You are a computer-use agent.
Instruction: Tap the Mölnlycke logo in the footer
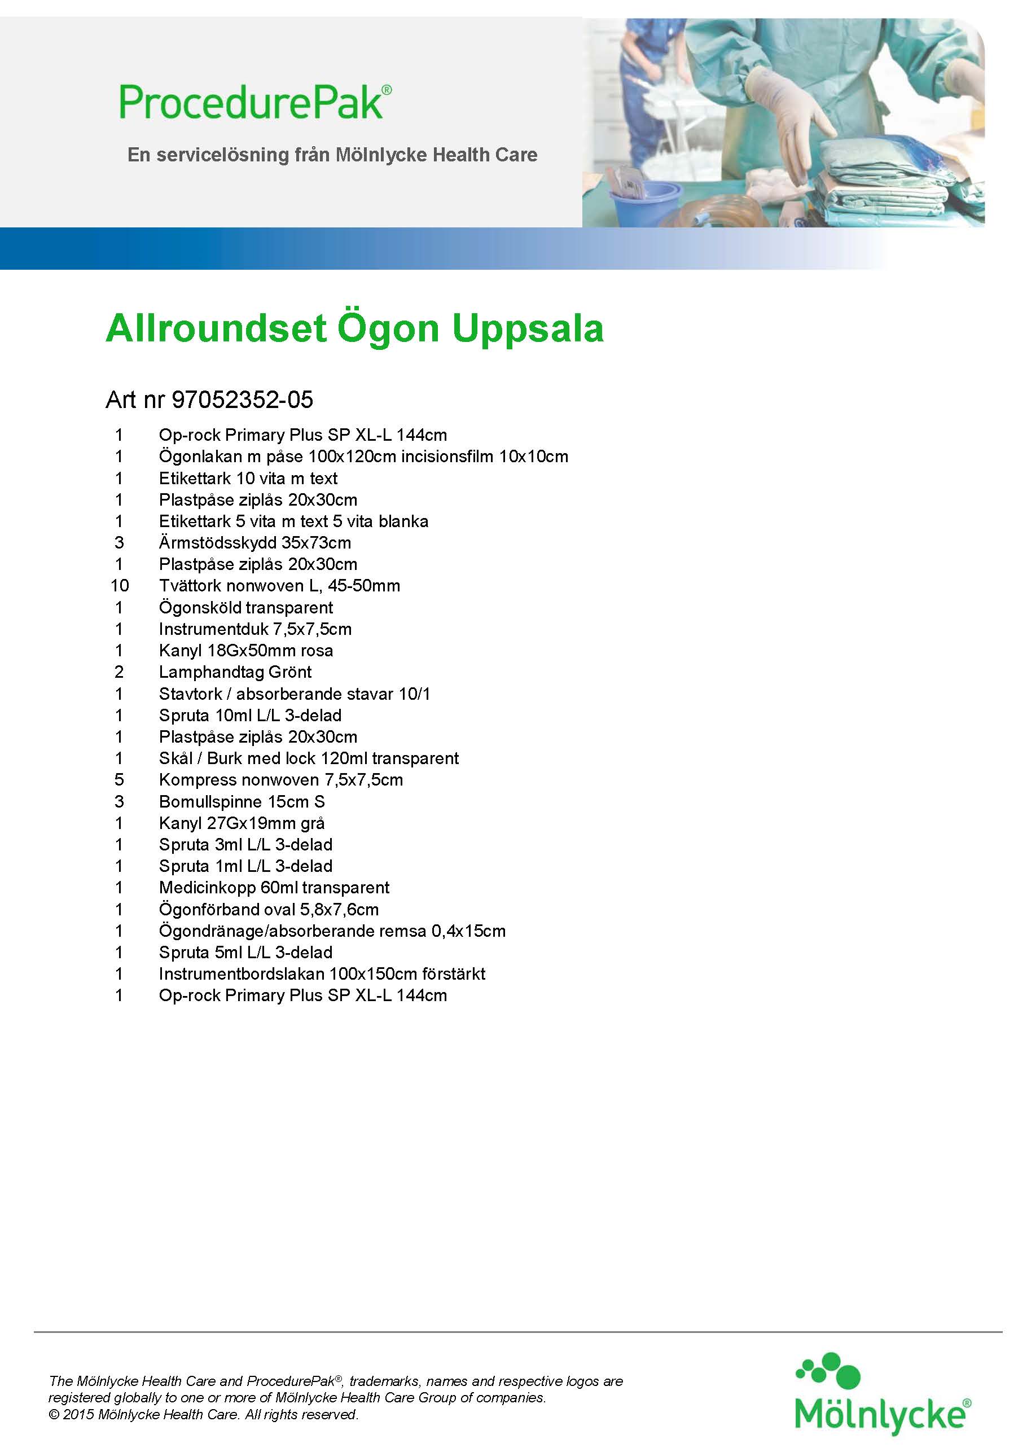click(x=881, y=1394)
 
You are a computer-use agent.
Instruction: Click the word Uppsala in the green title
click(x=528, y=328)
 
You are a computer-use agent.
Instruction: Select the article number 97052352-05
click(x=242, y=400)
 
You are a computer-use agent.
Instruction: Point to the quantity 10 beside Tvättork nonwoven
click(x=120, y=586)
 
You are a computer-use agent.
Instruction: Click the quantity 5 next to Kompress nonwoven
click(x=119, y=780)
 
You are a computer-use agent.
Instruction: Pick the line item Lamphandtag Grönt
click(x=235, y=672)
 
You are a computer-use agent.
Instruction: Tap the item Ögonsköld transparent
click(x=245, y=607)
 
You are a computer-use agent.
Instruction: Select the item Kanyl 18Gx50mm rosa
click(x=245, y=650)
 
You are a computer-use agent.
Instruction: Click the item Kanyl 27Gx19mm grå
click(x=242, y=823)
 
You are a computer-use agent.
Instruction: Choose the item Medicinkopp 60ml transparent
click(x=274, y=887)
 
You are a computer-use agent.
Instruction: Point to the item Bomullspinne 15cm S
click(x=242, y=801)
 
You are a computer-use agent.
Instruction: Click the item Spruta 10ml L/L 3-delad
click(x=250, y=715)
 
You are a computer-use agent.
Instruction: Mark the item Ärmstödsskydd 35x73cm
click(x=254, y=543)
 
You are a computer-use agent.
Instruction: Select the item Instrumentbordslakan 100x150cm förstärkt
click(x=322, y=973)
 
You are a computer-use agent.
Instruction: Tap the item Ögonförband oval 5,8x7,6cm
click(x=269, y=909)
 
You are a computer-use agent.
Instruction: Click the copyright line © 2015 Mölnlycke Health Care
click(x=204, y=1414)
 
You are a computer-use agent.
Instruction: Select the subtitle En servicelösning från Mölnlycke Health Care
click(x=332, y=155)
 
